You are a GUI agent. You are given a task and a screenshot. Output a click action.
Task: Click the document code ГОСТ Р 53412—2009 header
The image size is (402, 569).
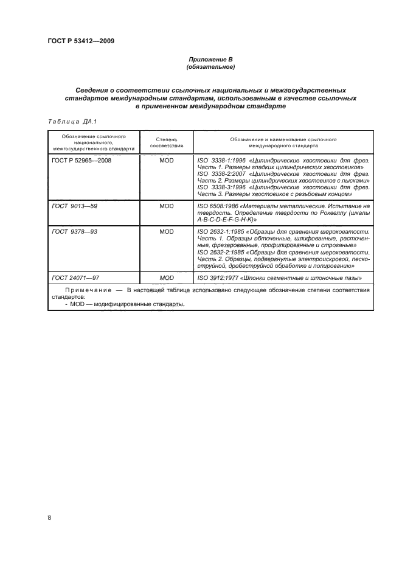pos(81,41)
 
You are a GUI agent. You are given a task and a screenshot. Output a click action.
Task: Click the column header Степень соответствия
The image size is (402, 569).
pos(166,143)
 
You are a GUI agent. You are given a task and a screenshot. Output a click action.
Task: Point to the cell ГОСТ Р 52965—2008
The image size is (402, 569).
pos(81,161)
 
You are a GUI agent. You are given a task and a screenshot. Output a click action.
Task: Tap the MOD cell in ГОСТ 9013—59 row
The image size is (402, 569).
pos(166,206)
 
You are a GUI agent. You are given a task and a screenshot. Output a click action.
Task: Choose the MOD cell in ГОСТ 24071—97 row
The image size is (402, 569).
pos(166,278)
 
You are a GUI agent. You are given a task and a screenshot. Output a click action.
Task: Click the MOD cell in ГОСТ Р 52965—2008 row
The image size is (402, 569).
pos(166,161)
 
